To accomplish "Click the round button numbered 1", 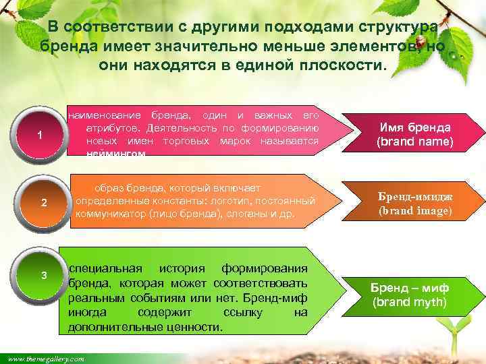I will tap(40, 135).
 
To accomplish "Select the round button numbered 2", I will tap(43, 203).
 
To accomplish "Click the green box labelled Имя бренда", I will tap(414, 135).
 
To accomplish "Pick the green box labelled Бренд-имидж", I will tap(414, 203).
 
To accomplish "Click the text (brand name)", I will tap(414, 142).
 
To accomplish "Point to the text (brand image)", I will tap(414, 210).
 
